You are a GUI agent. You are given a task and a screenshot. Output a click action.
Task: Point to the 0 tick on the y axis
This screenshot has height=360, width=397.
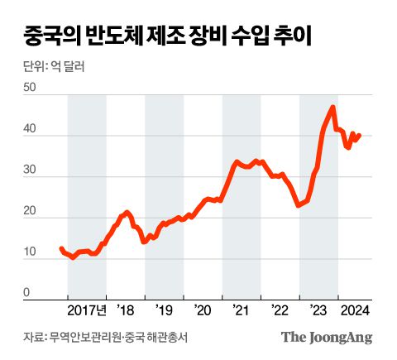click(x=26, y=292)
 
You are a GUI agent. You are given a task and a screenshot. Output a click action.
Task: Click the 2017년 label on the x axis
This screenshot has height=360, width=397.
click(x=87, y=312)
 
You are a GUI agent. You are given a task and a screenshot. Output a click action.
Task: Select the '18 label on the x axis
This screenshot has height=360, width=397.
click(x=126, y=312)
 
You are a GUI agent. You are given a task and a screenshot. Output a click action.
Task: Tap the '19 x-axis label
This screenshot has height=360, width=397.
click(x=165, y=312)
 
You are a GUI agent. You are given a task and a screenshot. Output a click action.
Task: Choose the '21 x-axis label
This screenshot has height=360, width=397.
click(x=242, y=312)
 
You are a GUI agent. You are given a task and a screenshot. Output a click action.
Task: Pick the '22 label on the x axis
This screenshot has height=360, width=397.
click(x=280, y=312)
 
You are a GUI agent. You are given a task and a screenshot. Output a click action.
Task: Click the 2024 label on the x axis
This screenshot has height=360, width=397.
click(x=355, y=312)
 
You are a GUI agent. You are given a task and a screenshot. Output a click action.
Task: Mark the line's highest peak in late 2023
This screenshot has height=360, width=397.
click(x=332, y=107)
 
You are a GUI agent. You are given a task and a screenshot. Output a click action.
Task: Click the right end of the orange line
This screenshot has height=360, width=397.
click(x=359, y=135)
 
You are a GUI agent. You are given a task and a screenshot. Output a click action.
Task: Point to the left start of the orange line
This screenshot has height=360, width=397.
click(x=61, y=248)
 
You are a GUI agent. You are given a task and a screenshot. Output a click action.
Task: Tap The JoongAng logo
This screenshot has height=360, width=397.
click(x=327, y=337)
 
